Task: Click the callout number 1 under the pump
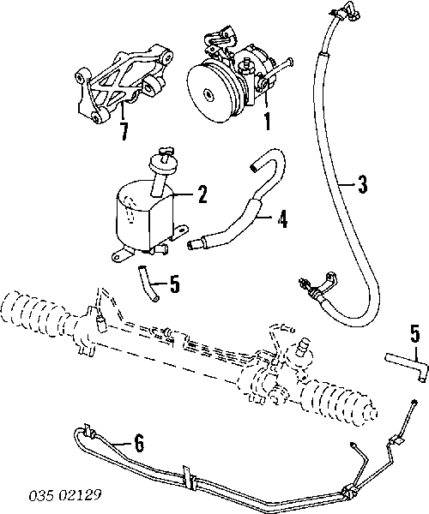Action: [268, 122]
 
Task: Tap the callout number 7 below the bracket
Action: [124, 131]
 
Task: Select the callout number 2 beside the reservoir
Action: [202, 194]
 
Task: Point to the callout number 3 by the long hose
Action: [362, 184]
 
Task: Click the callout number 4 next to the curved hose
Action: [282, 218]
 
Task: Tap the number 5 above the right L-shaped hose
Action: [415, 333]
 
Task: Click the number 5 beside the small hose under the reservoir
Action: [175, 284]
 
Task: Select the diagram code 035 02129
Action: [65, 495]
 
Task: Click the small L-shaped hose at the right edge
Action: [407, 366]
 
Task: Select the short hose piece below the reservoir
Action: [148, 284]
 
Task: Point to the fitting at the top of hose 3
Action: [345, 13]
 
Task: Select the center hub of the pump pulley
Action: [209, 93]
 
